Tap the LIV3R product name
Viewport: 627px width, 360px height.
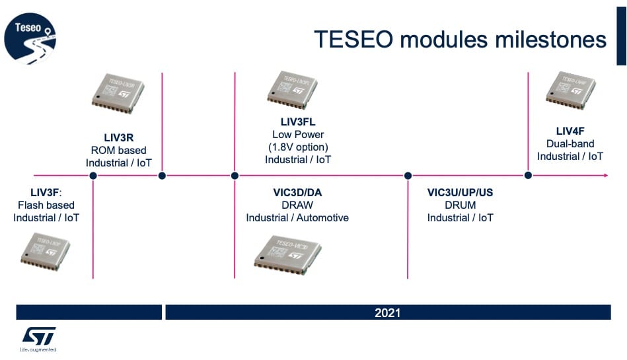pyautogui.click(x=119, y=138)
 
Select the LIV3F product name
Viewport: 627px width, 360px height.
pyautogui.click(x=45, y=193)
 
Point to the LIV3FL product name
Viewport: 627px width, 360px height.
pyautogui.click(x=298, y=122)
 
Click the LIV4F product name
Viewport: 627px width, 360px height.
pyautogui.click(x=570, y=131)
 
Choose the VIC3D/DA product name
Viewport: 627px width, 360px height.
pyautogui.click(x=297, y=193)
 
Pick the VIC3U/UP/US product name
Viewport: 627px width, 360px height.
pyautogui.click(x=460, y=193)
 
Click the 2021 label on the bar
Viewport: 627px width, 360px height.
pyautogui.click(x=388, y=312)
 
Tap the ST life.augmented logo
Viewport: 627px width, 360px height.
pyautogui.click(x=38, y=338)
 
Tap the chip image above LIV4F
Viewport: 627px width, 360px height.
pyautogui.click(x=570, y=90)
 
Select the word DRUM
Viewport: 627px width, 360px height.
pyautogui.click(x=460, y=205)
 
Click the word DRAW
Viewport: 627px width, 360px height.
pyautogui.click(x=297, y=205)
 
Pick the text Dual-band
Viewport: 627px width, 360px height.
pyautogui.click(x=570, y=143)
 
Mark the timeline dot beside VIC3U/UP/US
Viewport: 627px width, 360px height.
pyautogui.click(x=408, y=176)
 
